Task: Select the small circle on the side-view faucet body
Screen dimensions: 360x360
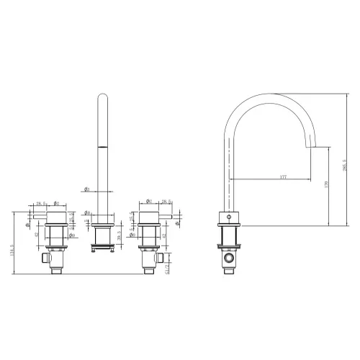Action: [229, 216]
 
